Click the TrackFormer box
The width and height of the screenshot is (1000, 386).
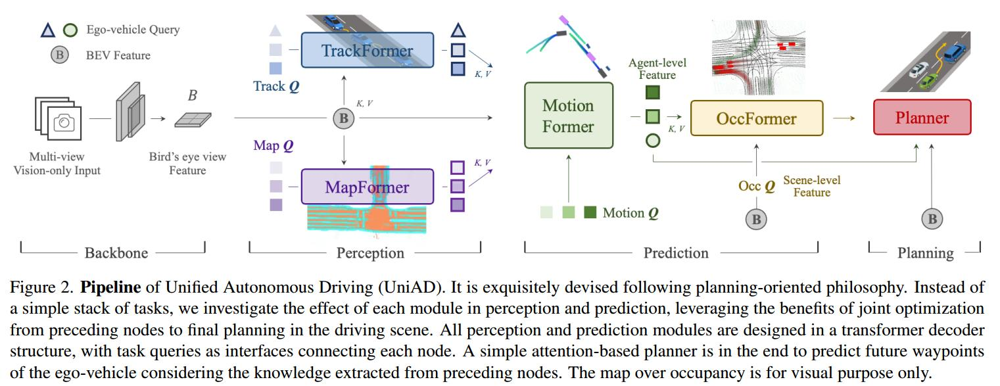pyautogui.click(x=368, y=50)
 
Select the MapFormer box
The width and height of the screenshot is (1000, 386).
pyautogui.click(x=368, y=187)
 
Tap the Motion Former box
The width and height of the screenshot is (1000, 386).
pyautogui.click(x=568, y=116)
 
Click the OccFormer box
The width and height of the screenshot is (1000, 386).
pyautogui.click(x=756, y=118)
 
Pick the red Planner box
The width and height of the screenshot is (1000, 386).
pyautogui.click(x=922, y=118)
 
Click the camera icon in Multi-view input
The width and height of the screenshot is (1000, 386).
pyautogui.click(x=64, y=122)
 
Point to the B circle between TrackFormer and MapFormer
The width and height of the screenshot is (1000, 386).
pyautogui.click(x=343, y=118)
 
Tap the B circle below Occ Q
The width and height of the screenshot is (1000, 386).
pyautogui.click(x=756, y=220)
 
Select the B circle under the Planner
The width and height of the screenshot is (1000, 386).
pyautogui.click(x=931, y=220)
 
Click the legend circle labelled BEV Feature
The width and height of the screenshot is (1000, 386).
pyautogui.click(x=60, y=55)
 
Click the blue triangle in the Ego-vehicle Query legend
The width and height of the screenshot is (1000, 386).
pyautogui.click(x=48, y=30)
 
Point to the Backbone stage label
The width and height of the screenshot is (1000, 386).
pyautogui.click(x=116, y=253)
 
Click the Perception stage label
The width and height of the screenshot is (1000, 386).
pyautogui.click(x=370, y=253)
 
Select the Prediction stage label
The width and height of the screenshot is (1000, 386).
pyautogui.click(x=676, y=253)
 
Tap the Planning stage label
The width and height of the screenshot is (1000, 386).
pyautogui.click(x=925, y=253)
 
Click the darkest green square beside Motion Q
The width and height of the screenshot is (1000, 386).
pyautogui.click(x=590, y=212)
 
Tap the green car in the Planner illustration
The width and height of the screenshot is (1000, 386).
pyautogui.click(x=928, y=82)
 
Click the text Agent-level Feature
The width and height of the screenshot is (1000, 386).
pyautogui.click(x=657, y=69)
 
